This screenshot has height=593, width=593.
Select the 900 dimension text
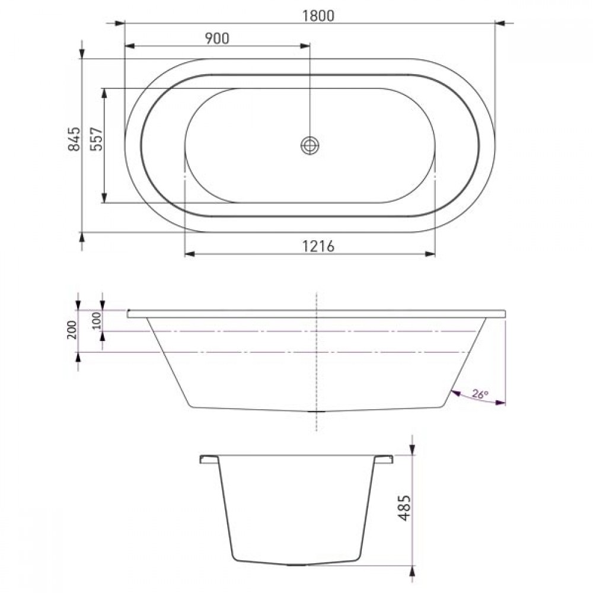(x=217, y=39)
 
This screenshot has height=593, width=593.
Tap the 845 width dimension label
(x=74, y=139)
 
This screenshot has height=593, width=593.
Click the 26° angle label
(x=480, y=394)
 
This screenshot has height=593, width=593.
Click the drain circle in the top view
(x=310, y=145)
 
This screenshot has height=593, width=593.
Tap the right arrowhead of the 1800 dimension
(x=500, y=23)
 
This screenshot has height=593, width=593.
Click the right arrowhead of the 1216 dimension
(x=430, y=254)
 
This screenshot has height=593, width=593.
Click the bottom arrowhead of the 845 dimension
(x=82, y=237)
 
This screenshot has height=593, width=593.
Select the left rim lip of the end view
(x=209, y=458)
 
